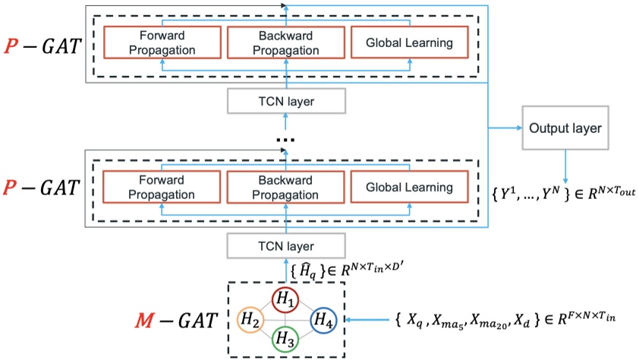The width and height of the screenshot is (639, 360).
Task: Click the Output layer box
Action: (x=562, y=128)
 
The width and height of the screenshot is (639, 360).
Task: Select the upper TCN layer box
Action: (x=285, y=100)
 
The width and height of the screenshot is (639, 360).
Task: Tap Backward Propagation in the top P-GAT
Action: (x=285, y=44)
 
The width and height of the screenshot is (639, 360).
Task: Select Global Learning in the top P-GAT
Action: (x=409, y=44)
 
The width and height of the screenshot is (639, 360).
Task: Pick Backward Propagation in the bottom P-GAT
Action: (x=285, y=188)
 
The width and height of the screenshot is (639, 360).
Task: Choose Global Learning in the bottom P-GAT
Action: (x=409, y=188)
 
